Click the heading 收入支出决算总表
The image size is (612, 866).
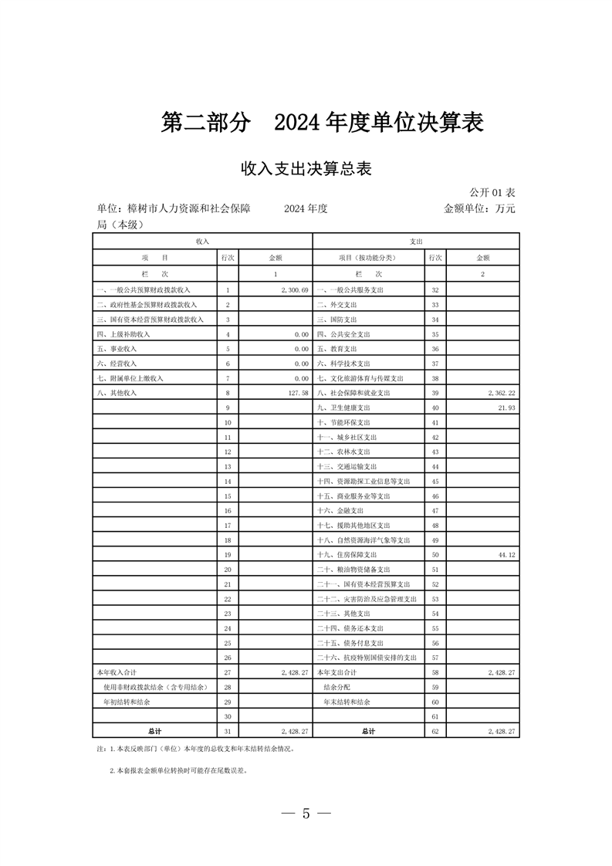pos(306,169)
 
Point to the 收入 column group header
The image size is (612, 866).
pos(202,242)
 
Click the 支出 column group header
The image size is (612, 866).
pos(416,242)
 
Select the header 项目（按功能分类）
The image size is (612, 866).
pos(367,258)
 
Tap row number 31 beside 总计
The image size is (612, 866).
pos(228,730)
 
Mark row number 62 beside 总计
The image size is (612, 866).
pos(435,730)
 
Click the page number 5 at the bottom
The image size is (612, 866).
pos(306,814)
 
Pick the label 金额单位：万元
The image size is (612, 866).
pos(478,208)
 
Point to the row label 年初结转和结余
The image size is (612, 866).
pos(127,702)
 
